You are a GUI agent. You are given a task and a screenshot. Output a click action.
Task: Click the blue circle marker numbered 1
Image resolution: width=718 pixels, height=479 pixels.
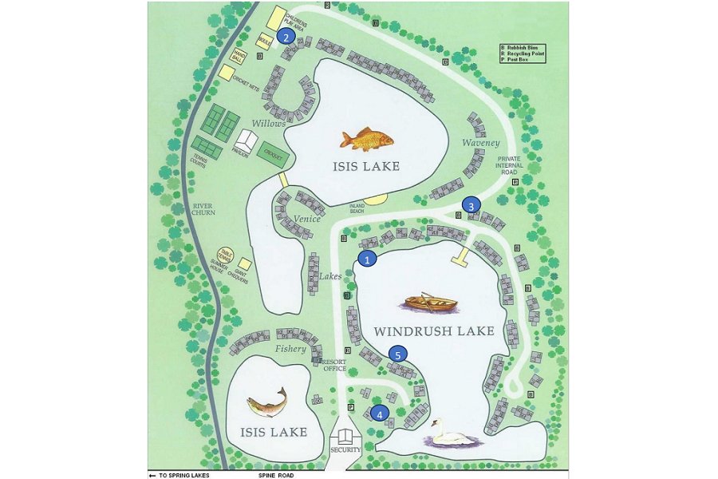coord(367,259)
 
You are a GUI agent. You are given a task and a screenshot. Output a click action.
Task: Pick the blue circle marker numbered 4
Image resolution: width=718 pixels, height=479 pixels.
coord(380,413)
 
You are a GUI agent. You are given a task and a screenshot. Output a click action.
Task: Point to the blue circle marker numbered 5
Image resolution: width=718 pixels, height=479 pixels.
coord(398,354)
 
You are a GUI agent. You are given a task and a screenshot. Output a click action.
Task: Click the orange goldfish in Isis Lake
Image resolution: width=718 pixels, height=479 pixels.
coord(368,139)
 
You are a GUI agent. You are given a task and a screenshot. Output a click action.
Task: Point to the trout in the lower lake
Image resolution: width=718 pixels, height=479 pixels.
coord(266,402)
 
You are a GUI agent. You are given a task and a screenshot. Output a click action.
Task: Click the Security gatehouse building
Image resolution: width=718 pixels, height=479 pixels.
coord(345,437)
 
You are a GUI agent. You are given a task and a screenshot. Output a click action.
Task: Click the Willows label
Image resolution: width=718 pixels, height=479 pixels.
coord(269,124)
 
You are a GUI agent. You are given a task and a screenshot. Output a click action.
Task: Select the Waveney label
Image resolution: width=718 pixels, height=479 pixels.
coord(479,143)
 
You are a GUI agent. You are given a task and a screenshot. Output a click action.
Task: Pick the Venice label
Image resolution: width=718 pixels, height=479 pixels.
coord(306,219)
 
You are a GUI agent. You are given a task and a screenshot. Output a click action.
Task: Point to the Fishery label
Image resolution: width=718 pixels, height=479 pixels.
coord(290,349)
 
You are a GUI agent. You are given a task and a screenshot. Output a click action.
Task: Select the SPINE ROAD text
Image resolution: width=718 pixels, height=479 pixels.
coord(276,475)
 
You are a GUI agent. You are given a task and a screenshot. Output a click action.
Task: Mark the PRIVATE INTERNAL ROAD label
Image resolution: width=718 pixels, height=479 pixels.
coord(508,165)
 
